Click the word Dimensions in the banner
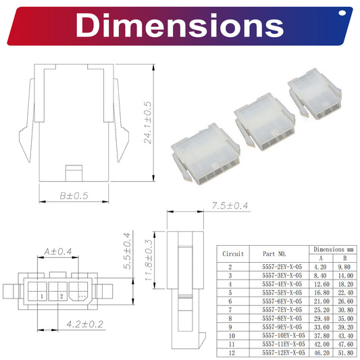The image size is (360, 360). point(180,25)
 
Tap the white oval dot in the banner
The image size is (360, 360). point(342,13)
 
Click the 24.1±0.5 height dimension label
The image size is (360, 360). point(147,123)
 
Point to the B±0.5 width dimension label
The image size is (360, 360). point(74,196)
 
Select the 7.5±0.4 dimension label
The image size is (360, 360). point(230,205)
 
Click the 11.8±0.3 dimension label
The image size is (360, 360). point(149,259)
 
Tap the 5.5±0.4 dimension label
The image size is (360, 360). point(127,251)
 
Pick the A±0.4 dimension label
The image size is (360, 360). point(58,251)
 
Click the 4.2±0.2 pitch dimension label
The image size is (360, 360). point(85,324)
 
